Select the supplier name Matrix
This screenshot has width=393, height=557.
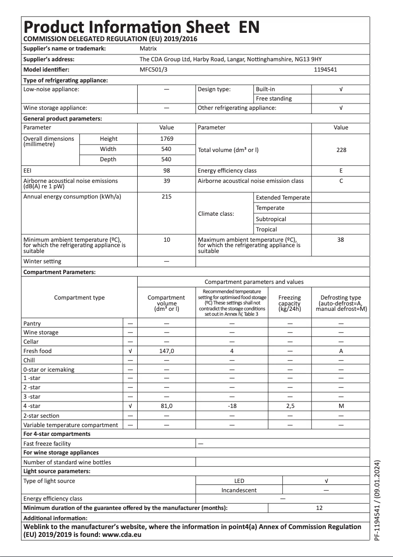148,49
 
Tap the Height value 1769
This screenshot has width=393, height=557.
167,139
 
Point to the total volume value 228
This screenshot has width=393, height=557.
341,150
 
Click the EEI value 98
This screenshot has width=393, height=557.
167,171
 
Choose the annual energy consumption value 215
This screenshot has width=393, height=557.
167,197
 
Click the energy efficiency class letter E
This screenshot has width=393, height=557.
341,171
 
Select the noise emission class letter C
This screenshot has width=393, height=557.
341,181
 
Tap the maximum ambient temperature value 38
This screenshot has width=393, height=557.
341,240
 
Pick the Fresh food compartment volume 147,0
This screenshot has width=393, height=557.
167,351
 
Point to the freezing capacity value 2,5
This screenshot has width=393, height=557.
290,406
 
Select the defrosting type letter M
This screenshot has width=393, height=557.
341,406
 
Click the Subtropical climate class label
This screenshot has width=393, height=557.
271,219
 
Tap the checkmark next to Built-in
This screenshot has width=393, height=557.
341,89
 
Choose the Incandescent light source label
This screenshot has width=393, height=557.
239,490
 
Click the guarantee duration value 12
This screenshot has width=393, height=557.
319,508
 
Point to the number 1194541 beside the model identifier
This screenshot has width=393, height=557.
325,70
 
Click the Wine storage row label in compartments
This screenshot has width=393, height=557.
41,332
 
